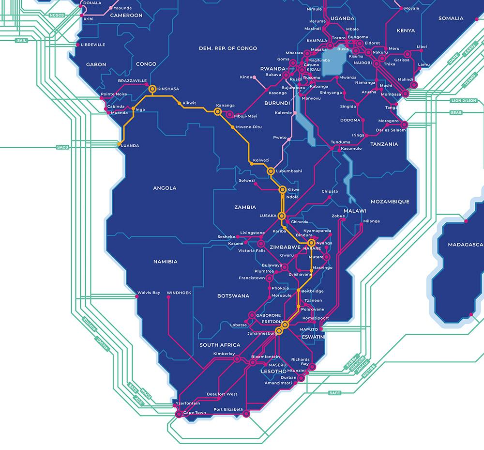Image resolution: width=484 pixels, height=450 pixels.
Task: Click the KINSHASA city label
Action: [x=168, y=89]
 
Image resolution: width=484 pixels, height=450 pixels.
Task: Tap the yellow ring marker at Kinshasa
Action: [x=152, y=89]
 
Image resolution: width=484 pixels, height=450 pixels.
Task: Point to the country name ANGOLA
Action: [x=165, y=188]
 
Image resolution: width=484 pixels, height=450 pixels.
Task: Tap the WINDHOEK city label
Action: [x=179, y=293]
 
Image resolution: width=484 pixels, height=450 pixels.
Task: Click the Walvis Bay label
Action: [x=149, y=293]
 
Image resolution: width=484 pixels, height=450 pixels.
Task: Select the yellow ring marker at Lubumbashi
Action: [x=271, y=171]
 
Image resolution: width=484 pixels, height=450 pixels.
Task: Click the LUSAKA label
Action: [x=268, y=216]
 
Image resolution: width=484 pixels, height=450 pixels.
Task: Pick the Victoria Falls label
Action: [x=252, y=250]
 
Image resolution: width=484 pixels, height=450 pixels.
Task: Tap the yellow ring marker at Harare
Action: [x=311, y=243]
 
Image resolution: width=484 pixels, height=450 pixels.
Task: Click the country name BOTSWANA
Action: [x=233, y=295]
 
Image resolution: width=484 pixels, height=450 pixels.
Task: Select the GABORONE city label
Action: [x=268, y=315]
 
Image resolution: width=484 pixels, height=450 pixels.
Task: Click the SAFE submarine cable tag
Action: [x=334, y=392]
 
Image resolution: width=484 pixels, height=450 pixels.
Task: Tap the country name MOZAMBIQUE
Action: [x=390, y=202]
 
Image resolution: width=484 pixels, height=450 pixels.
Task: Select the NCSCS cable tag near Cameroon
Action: [x=57, y=15]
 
